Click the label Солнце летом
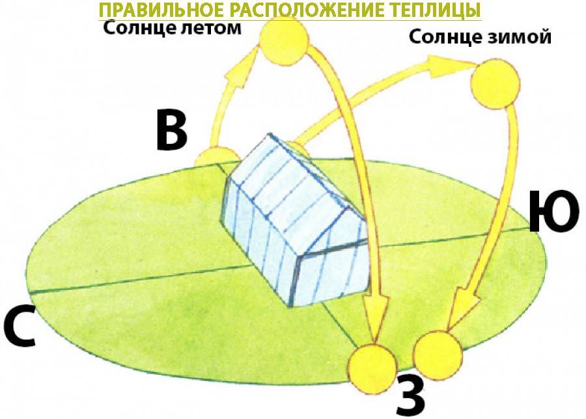coord(173,27)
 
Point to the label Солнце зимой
coord(481,37)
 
